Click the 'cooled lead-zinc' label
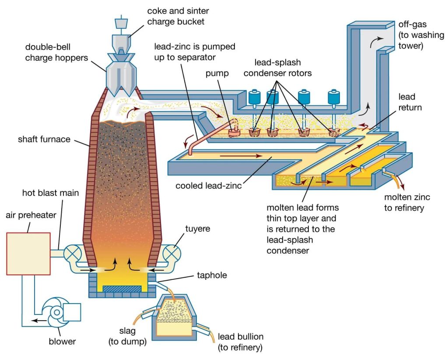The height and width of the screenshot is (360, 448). [x=203, y=185]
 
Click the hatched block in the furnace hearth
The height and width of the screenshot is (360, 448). [x=122, y=289]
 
